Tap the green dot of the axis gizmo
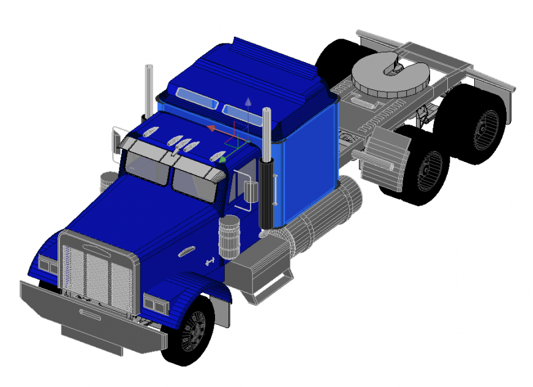point(223,159)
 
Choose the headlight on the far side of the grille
point(48,265)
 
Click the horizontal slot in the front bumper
point(90,315)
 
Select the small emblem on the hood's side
point(186,251)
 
